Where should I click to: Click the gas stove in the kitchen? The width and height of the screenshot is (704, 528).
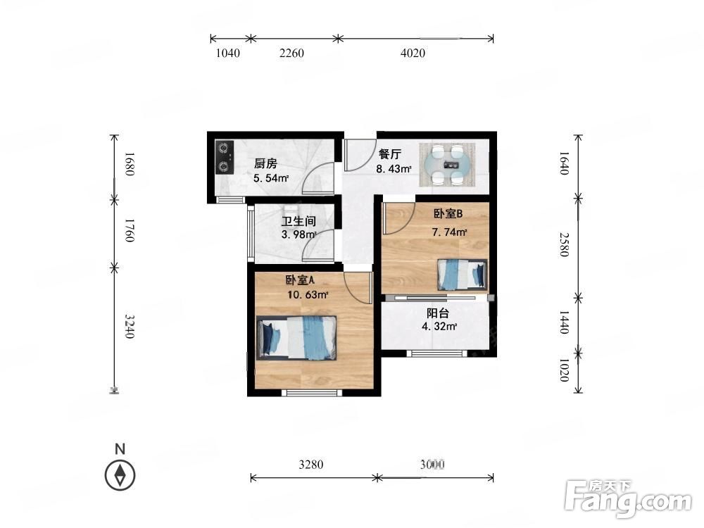point(224,158)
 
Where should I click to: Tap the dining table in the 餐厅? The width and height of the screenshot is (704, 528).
point(447,164)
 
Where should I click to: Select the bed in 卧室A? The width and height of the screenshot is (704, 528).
point(296,338)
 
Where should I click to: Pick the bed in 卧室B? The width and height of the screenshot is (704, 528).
point(462,275)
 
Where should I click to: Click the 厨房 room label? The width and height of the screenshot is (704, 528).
point(265,163)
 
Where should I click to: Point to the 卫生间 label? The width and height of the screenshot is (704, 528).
point(298,221)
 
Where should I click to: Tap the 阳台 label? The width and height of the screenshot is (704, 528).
point(437,313)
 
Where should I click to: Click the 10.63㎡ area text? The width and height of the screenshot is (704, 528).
point(308,295)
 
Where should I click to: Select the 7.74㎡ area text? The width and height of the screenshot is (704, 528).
point(449,232)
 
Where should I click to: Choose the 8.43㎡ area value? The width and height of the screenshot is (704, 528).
point(394,169)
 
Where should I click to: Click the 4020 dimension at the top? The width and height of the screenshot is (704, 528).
point(413,53)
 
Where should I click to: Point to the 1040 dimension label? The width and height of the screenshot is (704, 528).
point(228,53)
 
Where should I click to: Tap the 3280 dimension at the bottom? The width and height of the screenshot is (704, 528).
point(311,464)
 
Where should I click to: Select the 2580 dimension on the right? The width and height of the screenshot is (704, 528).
point(565,245)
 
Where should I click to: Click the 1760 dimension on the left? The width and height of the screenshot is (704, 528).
point(130,230)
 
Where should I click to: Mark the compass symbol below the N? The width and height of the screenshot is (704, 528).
point(120,475)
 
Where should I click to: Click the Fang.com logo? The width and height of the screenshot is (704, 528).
point(628,498)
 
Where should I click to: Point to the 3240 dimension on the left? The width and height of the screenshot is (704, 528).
point(130,327)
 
